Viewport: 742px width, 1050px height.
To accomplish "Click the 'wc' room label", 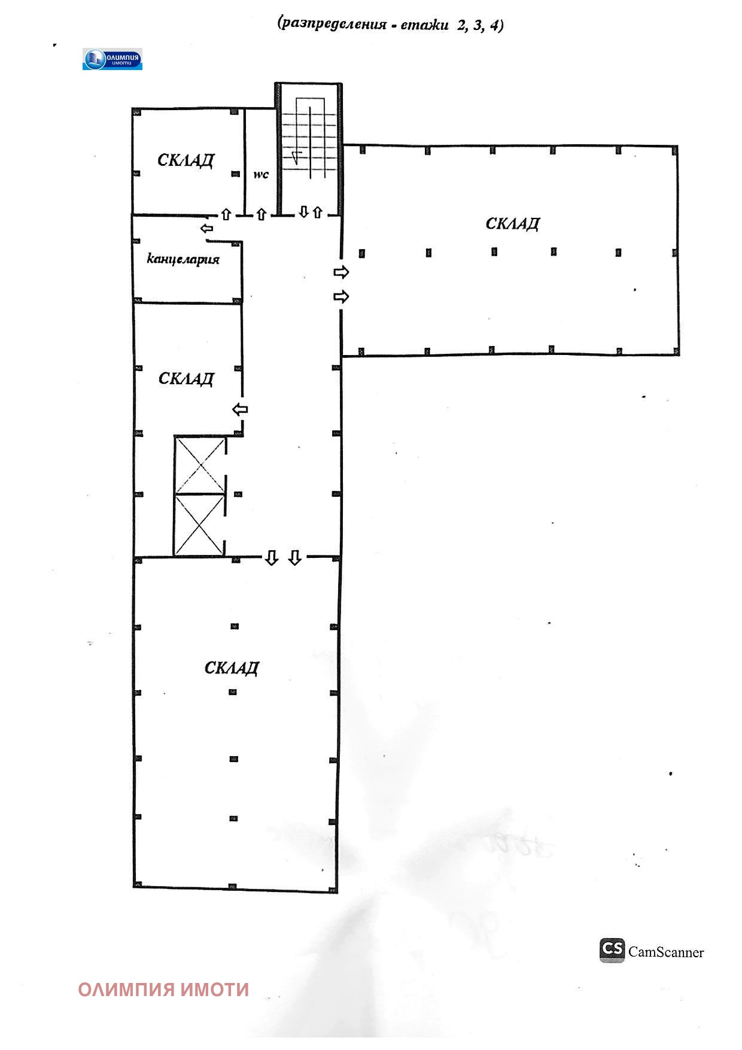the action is click(261, 175).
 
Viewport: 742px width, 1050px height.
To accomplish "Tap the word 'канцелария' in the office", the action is click(184, 260).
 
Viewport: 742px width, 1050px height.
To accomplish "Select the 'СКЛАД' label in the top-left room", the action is click(185, 160).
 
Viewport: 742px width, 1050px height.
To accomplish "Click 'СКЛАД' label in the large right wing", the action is click(513, 224).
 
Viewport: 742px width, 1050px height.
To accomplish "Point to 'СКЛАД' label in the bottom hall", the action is click(232, 667).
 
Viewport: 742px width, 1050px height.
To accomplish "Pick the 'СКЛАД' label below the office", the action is click(186, 378).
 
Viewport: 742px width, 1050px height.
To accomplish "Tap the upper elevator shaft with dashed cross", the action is click(200, 465).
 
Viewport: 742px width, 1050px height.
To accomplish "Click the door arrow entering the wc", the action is click(261, 214).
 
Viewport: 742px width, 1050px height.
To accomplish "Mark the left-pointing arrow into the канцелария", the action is click(207, 228).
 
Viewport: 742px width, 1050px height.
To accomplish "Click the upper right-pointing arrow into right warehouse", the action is click(341, 272).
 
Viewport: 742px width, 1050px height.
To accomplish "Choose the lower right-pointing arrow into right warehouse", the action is click(341, 296).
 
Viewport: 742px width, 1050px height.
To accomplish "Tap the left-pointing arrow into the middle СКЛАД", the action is click(240, 409).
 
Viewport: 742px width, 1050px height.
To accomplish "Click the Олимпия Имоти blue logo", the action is click(112, 59).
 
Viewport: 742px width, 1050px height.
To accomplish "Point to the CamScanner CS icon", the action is click(612, 950).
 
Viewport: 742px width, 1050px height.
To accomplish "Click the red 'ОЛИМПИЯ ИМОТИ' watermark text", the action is click(163, 990).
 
